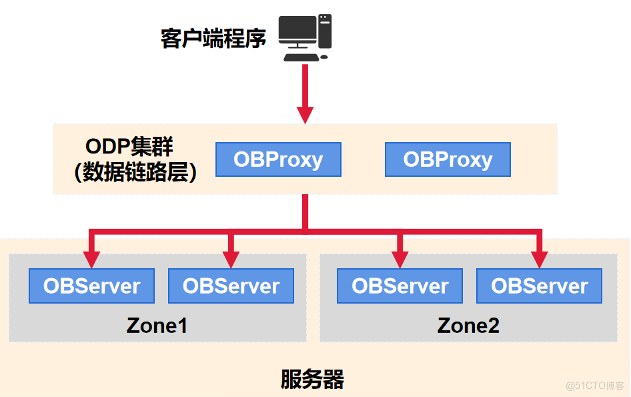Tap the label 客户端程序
pos(213,38)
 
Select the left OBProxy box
pos(278,159)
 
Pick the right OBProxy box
pos(448,159)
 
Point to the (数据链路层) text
pos(135,173)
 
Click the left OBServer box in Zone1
pos(91,286)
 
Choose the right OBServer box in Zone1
pos(231,286)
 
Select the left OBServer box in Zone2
pos(400,286)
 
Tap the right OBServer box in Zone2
pos(539,286)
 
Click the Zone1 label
pos(157,326)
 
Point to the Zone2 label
pos(468,326)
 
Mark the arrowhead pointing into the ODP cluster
pos(305,115)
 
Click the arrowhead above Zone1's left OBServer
pos(91,260)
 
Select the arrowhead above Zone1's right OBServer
pos(231,260)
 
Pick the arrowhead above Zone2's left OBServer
pos(400,260)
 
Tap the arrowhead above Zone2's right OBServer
pos(539,260)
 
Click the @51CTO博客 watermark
pos(595,386)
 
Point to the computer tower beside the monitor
pos(325,31)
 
